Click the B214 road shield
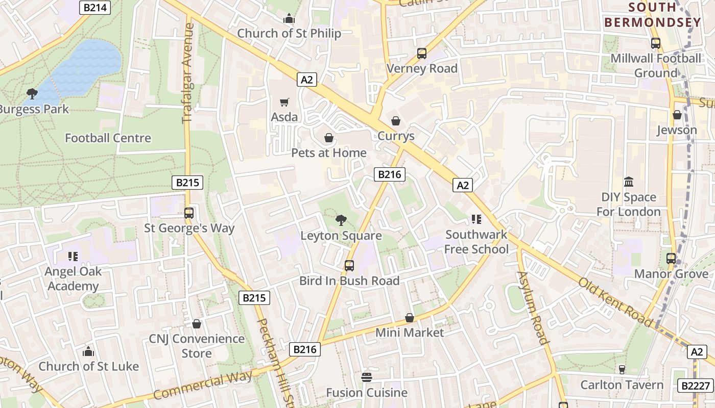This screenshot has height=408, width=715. pos(95,7)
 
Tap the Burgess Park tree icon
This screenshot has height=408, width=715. pos(32,93)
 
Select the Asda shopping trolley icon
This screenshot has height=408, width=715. pos(284,102)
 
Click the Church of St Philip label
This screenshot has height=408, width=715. pos(289,34)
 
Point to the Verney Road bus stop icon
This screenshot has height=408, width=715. pos(421,53)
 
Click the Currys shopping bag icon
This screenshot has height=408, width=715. pos(395,121)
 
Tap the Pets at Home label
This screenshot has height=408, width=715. pos(329,152)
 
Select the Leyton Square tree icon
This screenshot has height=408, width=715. pos(341,220)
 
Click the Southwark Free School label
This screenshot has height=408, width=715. pos(476,242)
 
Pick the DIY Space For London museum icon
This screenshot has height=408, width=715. pos(629,182)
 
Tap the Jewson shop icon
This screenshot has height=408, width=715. pos(677,115)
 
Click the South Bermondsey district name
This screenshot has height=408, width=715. pos(653,15)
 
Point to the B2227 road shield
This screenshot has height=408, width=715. pos(695,386)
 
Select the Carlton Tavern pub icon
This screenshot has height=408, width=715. pos(622,369)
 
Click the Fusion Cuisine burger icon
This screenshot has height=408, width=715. pos(366,377)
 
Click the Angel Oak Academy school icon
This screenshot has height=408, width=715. pos(73,256)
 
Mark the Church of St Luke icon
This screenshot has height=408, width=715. pos(88,351)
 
